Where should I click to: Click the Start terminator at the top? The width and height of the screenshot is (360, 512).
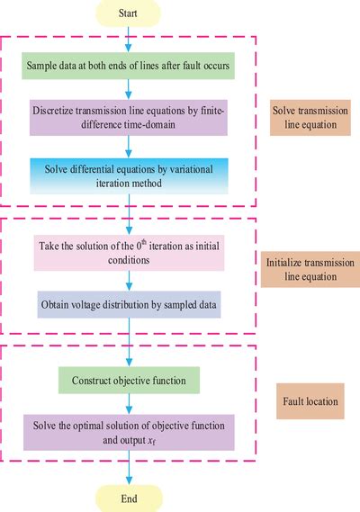click(x=130, y=13)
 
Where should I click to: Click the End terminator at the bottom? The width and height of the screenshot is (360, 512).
click(x=130, y=498)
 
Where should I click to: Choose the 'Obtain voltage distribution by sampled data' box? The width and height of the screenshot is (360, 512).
click(x=130, y=305)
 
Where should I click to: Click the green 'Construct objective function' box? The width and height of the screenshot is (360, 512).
click(x=130, y=382)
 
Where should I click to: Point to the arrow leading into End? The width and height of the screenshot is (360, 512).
click(x=130, y=469)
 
